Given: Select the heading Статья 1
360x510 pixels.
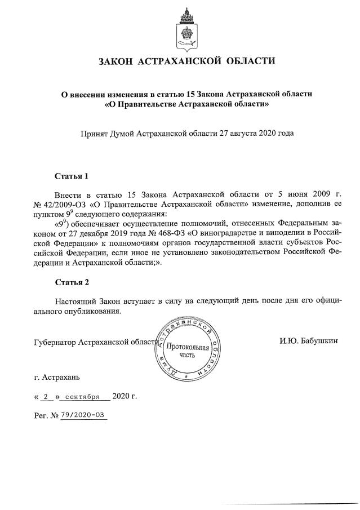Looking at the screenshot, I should [x=72, y=176].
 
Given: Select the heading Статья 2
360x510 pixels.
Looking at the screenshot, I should [x=72, y=282].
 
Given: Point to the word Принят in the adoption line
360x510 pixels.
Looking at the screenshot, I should [x=95, y=134].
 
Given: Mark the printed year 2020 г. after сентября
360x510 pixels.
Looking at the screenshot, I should [x=125, y=396].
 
